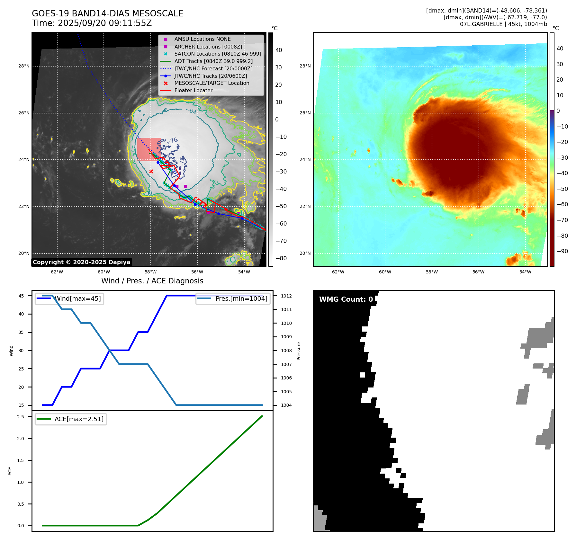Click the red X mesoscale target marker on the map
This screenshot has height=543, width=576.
151,172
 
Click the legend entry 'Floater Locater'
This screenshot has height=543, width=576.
193,91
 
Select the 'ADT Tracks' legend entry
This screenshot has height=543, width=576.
213,61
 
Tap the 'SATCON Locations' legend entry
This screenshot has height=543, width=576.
218,54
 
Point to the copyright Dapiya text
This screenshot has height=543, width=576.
81,262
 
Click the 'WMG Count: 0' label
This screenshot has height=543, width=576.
346,299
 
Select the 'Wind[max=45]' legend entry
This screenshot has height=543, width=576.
77,298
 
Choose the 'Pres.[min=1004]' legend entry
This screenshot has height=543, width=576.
241,298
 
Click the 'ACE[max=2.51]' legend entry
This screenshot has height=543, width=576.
79,419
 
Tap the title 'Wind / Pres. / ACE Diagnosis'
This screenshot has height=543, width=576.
152,281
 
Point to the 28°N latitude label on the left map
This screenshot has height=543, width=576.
24,66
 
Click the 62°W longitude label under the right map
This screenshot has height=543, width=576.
338,272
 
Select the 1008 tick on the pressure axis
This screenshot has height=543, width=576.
286,351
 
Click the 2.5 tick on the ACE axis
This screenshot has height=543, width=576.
21,417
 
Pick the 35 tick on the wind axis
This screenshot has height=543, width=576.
21,332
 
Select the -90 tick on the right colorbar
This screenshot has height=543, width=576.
562,251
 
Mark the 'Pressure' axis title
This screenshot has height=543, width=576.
299,351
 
